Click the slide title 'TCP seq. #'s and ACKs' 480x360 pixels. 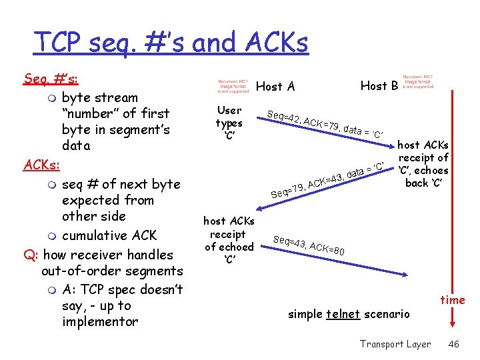(171, 43)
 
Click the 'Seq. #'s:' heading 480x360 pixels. (51, 79)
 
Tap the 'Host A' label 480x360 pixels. (275, 86)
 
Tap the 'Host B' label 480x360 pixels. (379, 85)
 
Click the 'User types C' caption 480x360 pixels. (229, 123)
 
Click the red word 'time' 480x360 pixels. (453, 300)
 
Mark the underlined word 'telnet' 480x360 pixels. (343, 314)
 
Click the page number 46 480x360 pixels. (454, 344)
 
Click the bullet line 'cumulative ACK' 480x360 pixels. (109, 235)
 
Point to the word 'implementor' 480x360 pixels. (100, 322)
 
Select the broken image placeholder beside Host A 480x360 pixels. (234, 86)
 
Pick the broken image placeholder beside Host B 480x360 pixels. (418, 81)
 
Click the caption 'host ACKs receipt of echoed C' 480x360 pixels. (229, 240)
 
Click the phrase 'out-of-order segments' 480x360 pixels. (112, 271)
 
